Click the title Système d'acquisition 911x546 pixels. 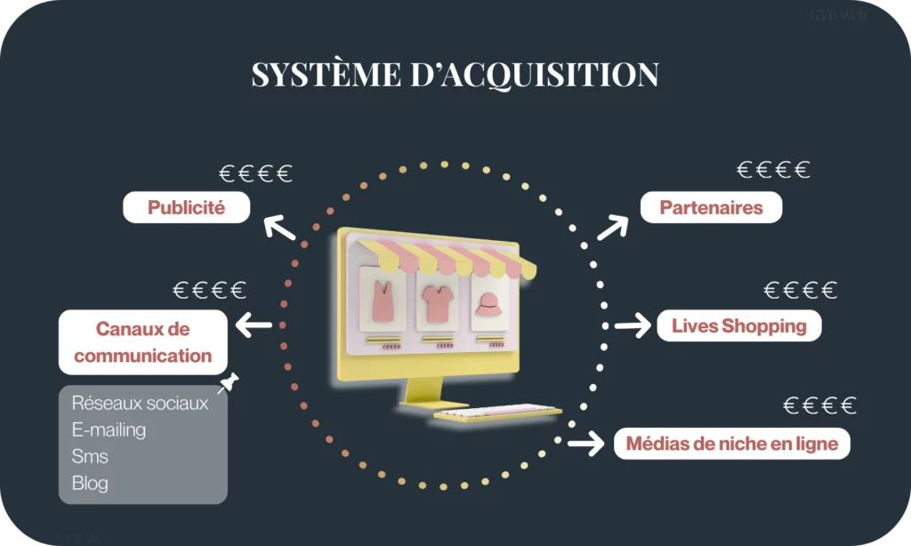[x=455, y=75]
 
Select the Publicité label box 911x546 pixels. [x=186, y=208]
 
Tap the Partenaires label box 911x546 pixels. [x=711, y=208]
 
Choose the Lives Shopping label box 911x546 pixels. [x=738, y=325]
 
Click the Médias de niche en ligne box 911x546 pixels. [x=731, y=443]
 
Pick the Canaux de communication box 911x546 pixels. [x=142, y=342]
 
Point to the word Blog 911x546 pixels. [x=90, y=484]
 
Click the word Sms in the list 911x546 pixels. [x=90, y=457]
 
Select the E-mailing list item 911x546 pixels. [x=109, y=430]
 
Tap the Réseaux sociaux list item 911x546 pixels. [x=140, y=404]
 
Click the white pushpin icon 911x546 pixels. [x=229, y=383]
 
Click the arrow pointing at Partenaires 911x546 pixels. [x=612, y=228]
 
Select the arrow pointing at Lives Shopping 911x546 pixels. [x=633, y=325]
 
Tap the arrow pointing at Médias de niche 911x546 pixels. [x=586, y=442]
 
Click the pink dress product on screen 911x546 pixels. [x=383, y=301]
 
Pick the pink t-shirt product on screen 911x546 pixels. [x=439, y=302]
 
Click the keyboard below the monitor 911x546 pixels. [x=497, y=412]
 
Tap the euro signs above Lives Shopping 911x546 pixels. [x=801, y=290]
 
